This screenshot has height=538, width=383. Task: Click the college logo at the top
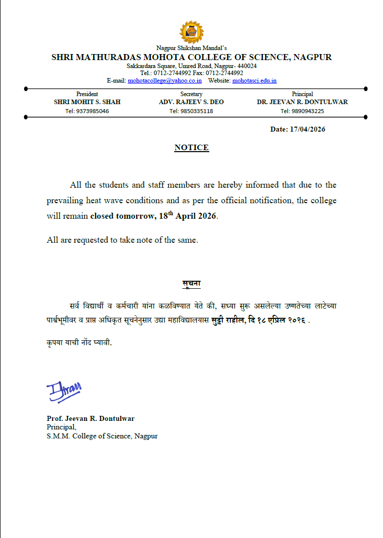coord(191,33)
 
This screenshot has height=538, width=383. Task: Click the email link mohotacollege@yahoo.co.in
coord(165,80)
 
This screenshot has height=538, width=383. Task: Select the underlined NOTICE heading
coord(191,148)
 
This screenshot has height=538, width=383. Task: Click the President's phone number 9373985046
coord(87,111)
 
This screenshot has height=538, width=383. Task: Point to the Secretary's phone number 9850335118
coord(191,111)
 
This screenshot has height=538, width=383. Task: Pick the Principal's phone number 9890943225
coord(302,111)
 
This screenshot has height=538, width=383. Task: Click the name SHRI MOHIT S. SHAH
coord(87,102)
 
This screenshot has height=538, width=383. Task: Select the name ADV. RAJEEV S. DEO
coord(191,102)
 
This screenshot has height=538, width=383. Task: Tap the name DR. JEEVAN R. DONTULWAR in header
coord(302,102)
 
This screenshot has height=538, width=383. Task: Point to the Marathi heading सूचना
coord(191,284)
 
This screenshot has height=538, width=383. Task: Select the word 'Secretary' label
coord(191,94)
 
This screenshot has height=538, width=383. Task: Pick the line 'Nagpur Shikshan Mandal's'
coord(191,48)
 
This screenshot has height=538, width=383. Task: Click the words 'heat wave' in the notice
coord(103,201)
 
